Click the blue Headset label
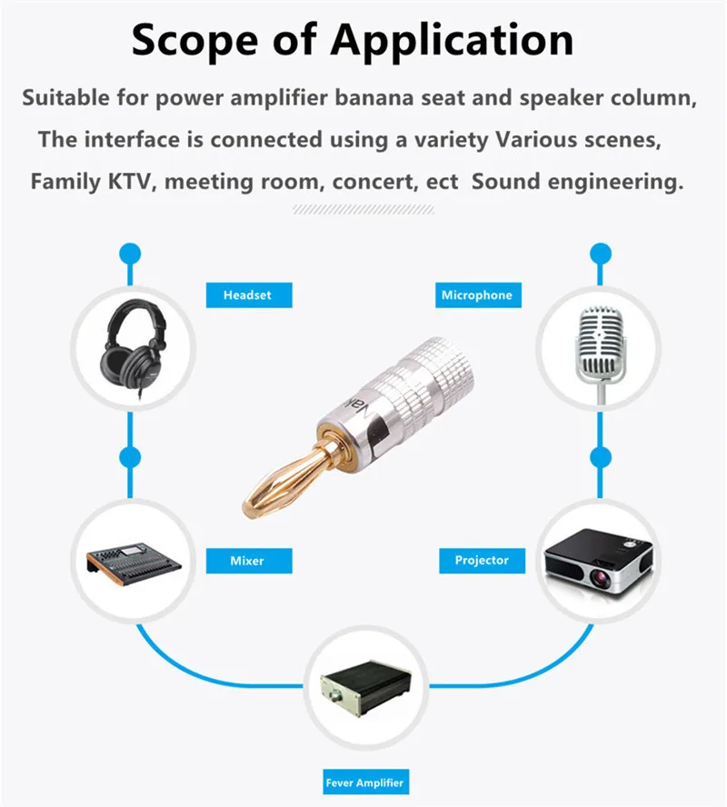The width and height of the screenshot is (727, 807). coord(247,295)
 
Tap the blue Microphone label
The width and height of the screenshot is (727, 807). coord(476,295)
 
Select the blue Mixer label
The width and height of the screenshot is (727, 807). coord(247,561)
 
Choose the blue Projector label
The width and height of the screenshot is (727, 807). coord(482,560)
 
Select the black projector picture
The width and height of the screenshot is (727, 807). coord(597,560)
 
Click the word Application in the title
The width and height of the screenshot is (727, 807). coord(453,40)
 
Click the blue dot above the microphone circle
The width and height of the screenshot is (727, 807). coord(599,252)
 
